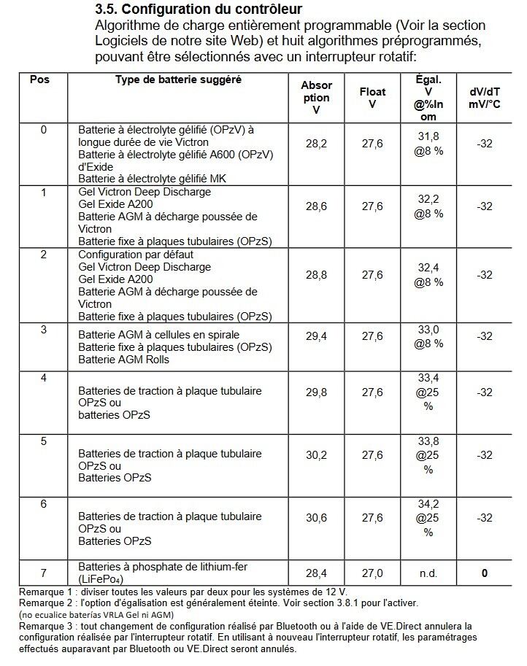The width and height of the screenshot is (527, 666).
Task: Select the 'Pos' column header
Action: coord(39,79)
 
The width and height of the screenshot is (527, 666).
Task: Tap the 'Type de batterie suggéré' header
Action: coord(178,79)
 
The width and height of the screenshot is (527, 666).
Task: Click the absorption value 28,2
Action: coord(316,144)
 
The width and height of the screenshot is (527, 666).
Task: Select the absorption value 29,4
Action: coord(316,337)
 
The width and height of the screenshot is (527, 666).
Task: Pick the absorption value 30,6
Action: coord(316,518)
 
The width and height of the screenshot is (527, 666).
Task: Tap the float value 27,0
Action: coord(372,573)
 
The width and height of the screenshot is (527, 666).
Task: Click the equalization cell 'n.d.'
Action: coord(428,573)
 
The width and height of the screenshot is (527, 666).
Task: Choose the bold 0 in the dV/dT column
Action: coord(484,573)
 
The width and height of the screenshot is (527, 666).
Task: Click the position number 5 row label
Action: coord(44,441)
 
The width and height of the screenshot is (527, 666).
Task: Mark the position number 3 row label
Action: coord(44,330)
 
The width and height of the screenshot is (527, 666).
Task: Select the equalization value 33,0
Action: coord(428,330)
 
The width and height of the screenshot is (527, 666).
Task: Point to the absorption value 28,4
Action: coord(316,573)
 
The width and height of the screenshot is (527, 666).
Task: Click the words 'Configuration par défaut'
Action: coord(134,255)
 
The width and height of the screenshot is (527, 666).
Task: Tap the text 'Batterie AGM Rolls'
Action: coord(123,360)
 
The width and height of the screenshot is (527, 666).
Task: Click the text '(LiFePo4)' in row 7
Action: coord(101,579)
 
